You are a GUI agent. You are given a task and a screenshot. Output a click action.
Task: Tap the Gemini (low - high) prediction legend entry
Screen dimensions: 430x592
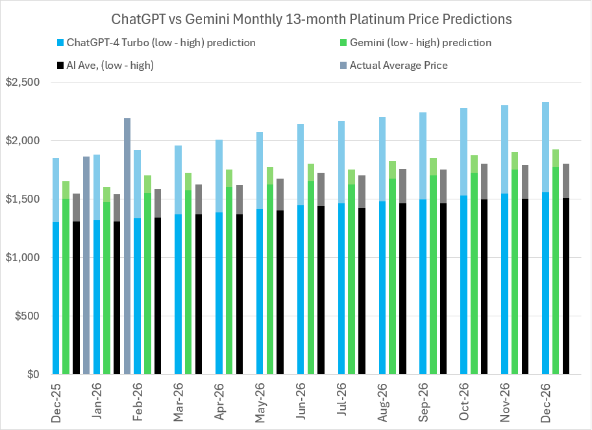point(420,43)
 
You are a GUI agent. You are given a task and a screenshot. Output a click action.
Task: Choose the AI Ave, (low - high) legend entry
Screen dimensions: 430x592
point(108,65)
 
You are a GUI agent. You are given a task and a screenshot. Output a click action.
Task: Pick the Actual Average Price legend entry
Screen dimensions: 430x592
point(398,65)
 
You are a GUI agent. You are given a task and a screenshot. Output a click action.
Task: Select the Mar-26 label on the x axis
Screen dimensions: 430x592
point(179,403)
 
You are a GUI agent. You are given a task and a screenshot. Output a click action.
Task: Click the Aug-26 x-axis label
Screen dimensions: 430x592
point(382,403)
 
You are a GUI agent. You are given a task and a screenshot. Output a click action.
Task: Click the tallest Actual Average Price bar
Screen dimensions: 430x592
point(127,247)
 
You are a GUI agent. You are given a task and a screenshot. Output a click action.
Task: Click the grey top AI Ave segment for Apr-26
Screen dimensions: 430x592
point(240,199)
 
